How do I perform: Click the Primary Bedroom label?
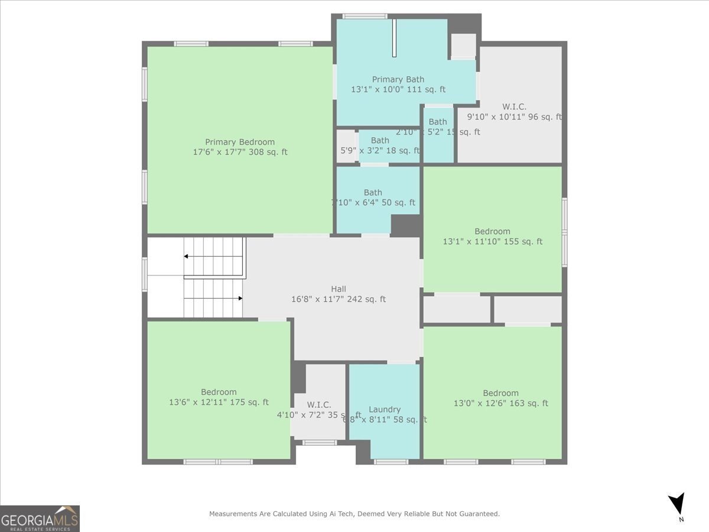(x=240, y=142)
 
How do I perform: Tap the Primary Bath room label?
(x=398, y=79)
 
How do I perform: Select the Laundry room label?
(x=385, y=409)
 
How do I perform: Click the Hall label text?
(x=339, y=288)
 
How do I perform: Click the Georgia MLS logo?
(x=40, y=518)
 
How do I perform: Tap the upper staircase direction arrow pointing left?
(x=187, y=256)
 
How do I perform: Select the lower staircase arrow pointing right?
(x=239, y=299)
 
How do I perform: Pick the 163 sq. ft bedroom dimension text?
(x=500, y=404)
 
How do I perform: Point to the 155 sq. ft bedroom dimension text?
(x=492, y=242)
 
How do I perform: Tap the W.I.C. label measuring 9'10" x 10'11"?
(x=514, y=106)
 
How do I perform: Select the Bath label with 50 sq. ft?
(x=373, y=192)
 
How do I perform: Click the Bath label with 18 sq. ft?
(x=380, y=140)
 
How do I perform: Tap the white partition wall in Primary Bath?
(x=394, y=38)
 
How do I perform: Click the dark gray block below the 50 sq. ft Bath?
(x=406, y=225)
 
